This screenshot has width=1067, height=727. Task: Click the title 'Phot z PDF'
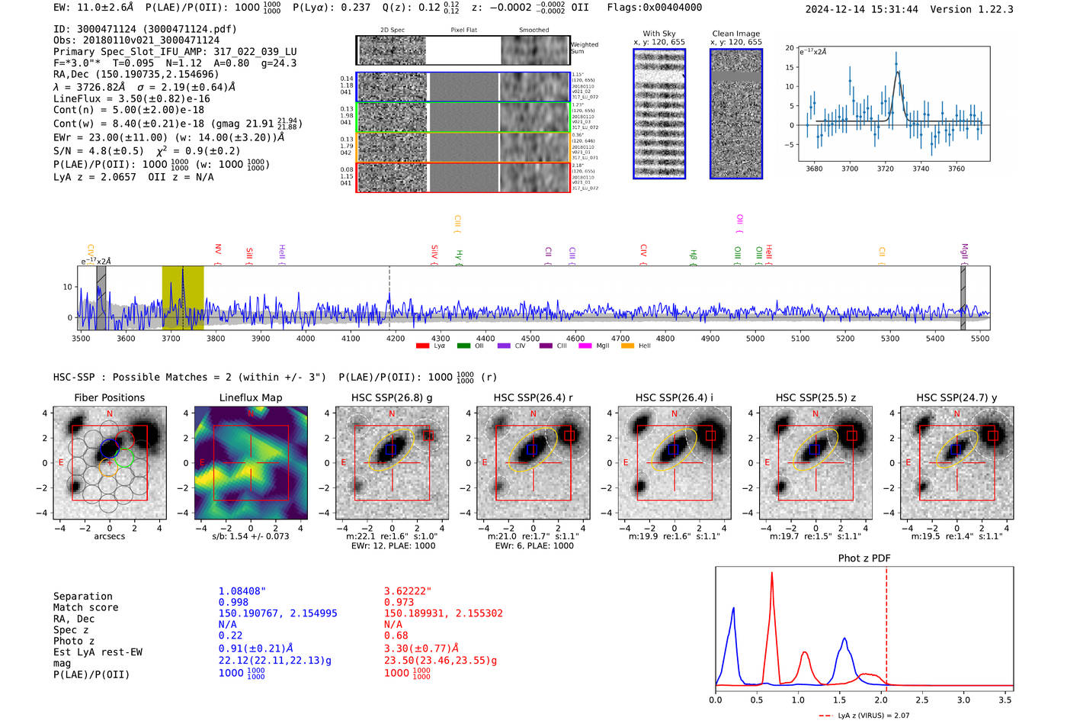tap(864, 558)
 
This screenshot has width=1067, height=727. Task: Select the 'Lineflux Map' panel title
tap(250, 397)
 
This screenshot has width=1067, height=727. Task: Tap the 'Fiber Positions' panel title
tap(109, 397)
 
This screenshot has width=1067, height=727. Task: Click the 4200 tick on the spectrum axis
tap(395, 338)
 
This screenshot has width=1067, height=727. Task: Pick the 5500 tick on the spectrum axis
tap(979, 338)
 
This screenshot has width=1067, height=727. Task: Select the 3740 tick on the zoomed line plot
tap(921, 169)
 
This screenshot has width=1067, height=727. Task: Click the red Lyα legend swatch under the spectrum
tap(422, 346)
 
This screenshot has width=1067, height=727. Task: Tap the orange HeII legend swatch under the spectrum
tap(627, 346)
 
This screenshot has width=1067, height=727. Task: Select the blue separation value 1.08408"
tap(242, 591)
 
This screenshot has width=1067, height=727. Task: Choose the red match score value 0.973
tap(399, 602)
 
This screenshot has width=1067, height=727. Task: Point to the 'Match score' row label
tap(85, 607)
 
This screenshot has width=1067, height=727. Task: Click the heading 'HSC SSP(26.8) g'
tap(391, 397)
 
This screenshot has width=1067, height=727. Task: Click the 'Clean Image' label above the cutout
tap(735, 34)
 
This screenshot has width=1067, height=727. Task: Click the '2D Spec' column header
tap(392, 31)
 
